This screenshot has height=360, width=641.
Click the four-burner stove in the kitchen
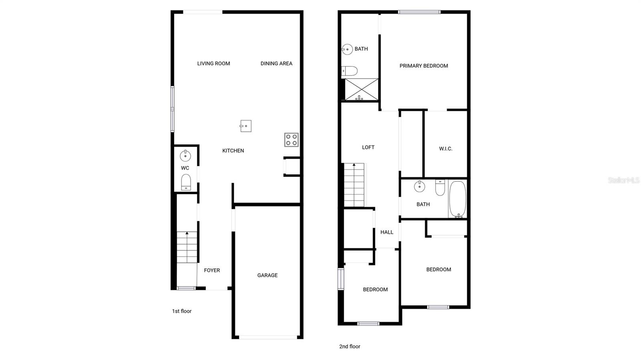click(291, 140)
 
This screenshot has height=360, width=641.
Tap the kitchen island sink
click(246, 126)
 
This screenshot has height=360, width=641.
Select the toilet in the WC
click(186, 182)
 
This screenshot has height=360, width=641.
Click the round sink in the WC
click(185, 155)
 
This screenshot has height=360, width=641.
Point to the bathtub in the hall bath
click(457, 199)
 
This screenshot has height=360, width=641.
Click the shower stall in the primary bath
click(361, 89)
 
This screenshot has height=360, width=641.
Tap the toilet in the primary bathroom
click(350, 71)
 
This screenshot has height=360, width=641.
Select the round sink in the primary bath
click(347, 49)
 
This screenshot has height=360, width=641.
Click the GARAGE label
click(267, 275)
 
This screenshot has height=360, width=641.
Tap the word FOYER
click(212, 270)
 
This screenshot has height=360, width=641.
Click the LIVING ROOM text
click(214, 63)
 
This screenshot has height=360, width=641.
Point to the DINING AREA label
click(276, 63)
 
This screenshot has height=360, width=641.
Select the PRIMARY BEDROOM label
click(423, 66)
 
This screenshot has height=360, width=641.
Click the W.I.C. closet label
click(445, 149)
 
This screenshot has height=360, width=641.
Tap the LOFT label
click(368, 147)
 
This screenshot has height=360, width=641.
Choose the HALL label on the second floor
click(387, 232)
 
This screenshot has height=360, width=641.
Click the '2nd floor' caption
click(350, 346)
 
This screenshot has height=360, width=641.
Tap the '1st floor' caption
click(182, 311)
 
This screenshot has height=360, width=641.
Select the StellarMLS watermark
click(623, 180)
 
